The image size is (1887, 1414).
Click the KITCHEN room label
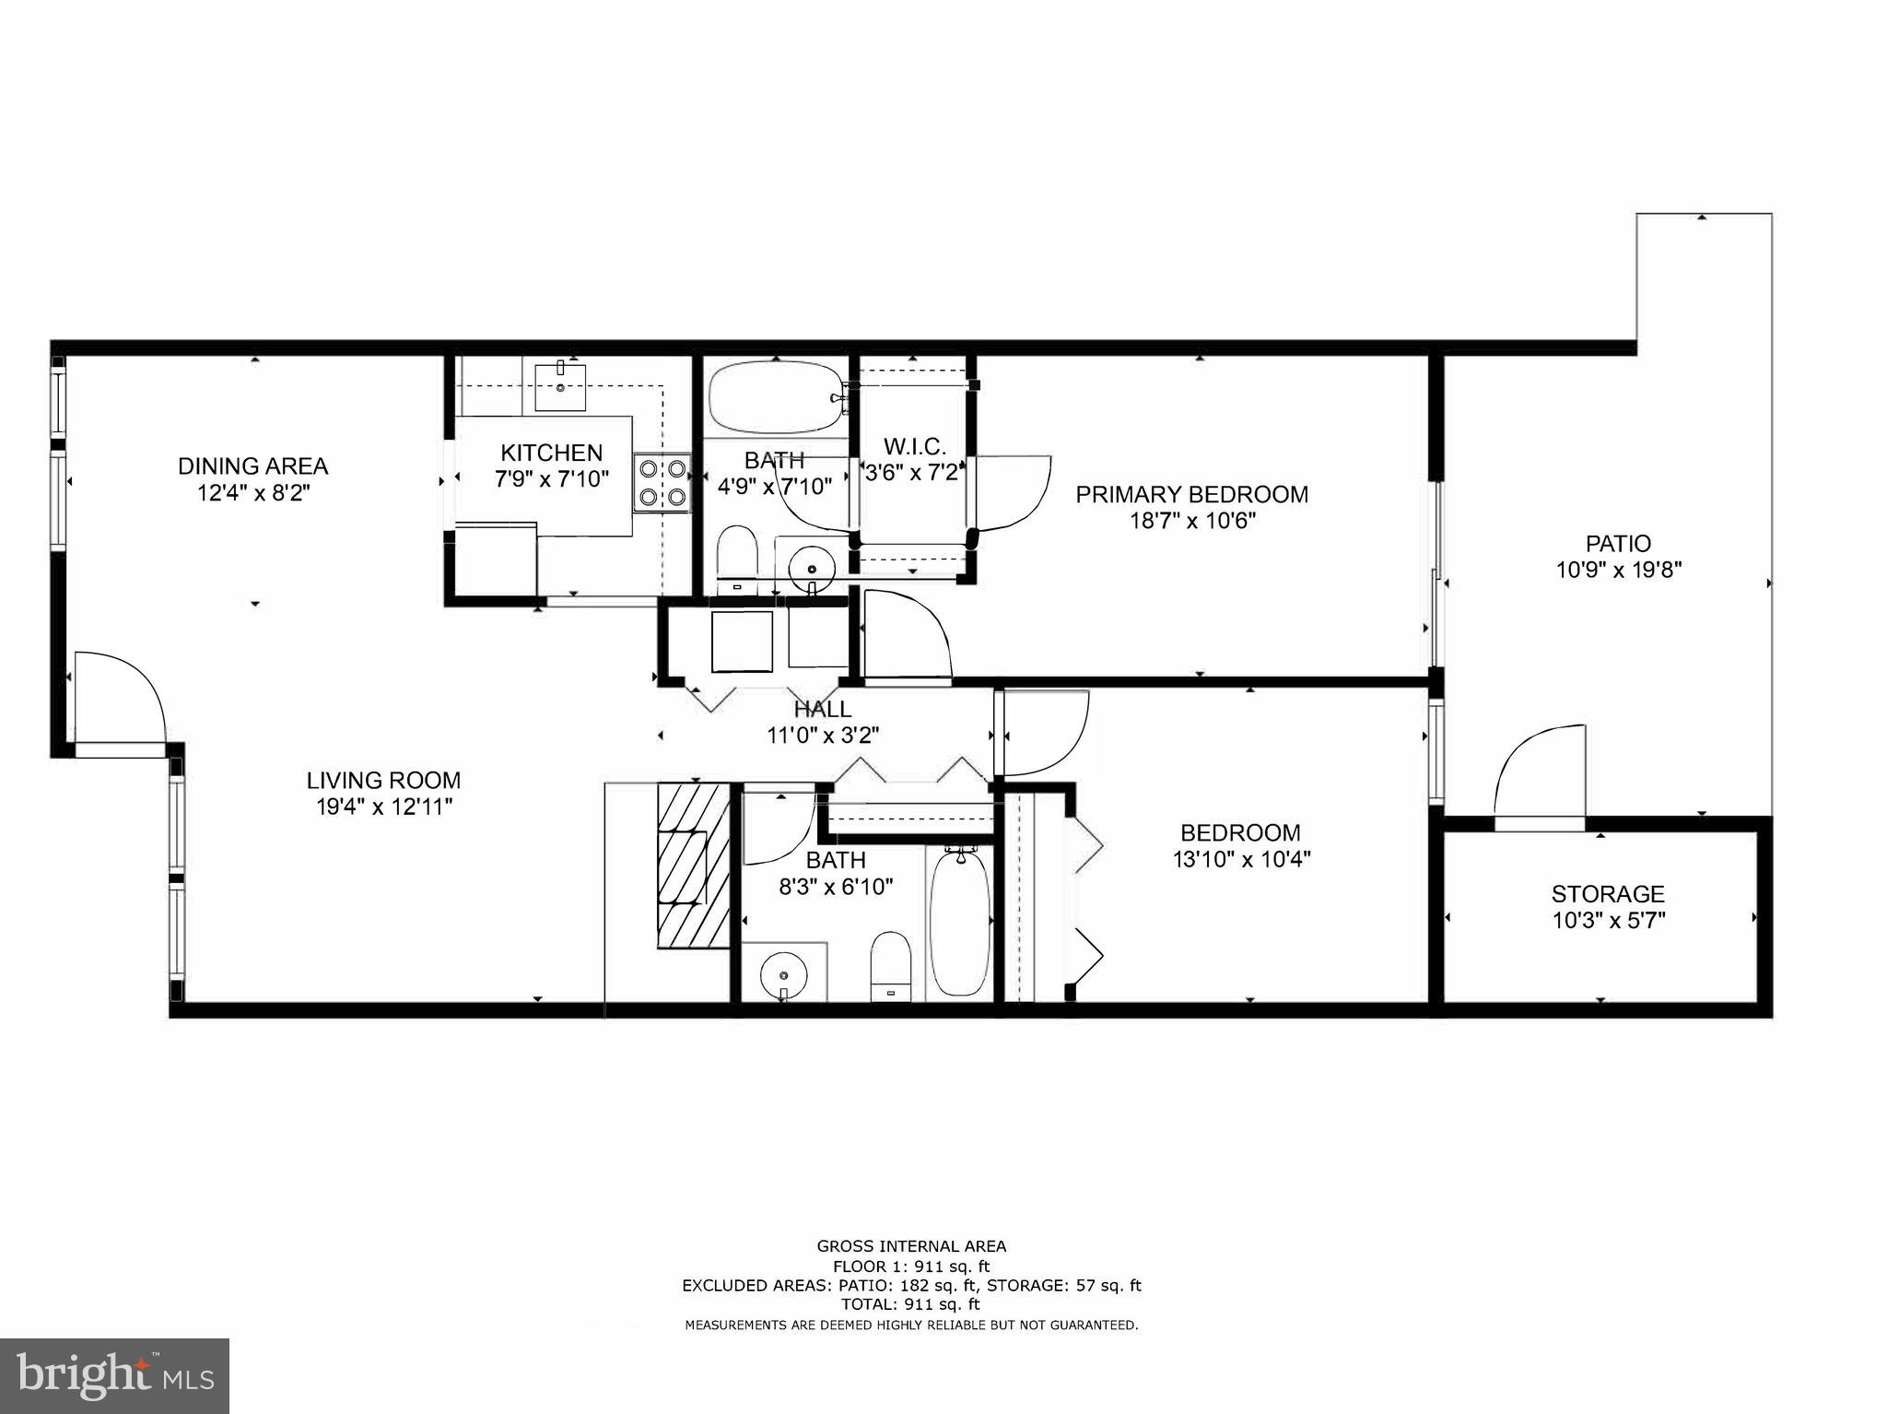(551, 453)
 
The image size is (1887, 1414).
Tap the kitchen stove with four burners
(662, 482)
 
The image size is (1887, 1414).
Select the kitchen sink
(560, 386)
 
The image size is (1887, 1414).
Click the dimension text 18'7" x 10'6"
(1192, 521)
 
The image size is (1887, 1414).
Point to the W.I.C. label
(914, 447)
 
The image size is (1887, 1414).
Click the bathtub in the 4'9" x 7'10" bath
(775, 396)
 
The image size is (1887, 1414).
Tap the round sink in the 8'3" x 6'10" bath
(784, 973)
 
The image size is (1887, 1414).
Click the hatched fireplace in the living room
(693, 865)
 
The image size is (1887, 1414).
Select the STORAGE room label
(1608, 893)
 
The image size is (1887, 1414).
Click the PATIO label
(1618, 543)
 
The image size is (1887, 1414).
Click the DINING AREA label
(252, 465)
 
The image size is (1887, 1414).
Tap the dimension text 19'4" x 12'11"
(383, 807)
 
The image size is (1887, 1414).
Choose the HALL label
(823, 709)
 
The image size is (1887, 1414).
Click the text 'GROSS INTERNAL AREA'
(911, 1246)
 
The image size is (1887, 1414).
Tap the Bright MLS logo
(114, 1375)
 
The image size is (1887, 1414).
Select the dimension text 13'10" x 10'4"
(1240, 859)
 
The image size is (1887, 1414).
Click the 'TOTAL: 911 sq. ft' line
(910, 1304)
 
